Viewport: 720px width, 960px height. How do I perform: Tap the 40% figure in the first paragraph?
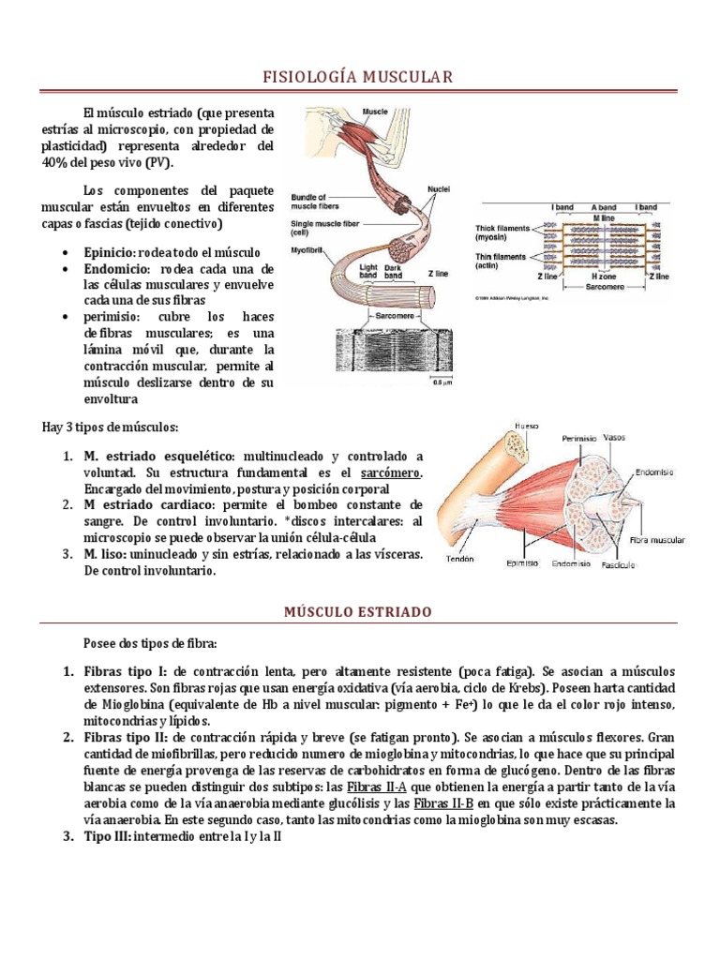(x=55, y=161)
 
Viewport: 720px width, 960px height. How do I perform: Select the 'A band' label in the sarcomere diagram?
(x=603, y=206)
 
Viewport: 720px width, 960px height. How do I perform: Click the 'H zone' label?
(x=603, y=278)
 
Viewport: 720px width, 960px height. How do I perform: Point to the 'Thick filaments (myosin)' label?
(x=502, y=232)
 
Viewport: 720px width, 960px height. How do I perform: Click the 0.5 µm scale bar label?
(x=441, y=382)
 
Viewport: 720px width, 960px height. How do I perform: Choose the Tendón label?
(x=460, y=559)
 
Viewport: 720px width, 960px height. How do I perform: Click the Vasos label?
(x=615, y=437)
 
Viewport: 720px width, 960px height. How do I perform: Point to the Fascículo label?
(x=620, y=565)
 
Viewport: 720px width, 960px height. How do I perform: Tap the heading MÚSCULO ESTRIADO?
(x=359, y=611)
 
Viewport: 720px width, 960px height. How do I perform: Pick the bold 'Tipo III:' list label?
(x=107, y=837)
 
